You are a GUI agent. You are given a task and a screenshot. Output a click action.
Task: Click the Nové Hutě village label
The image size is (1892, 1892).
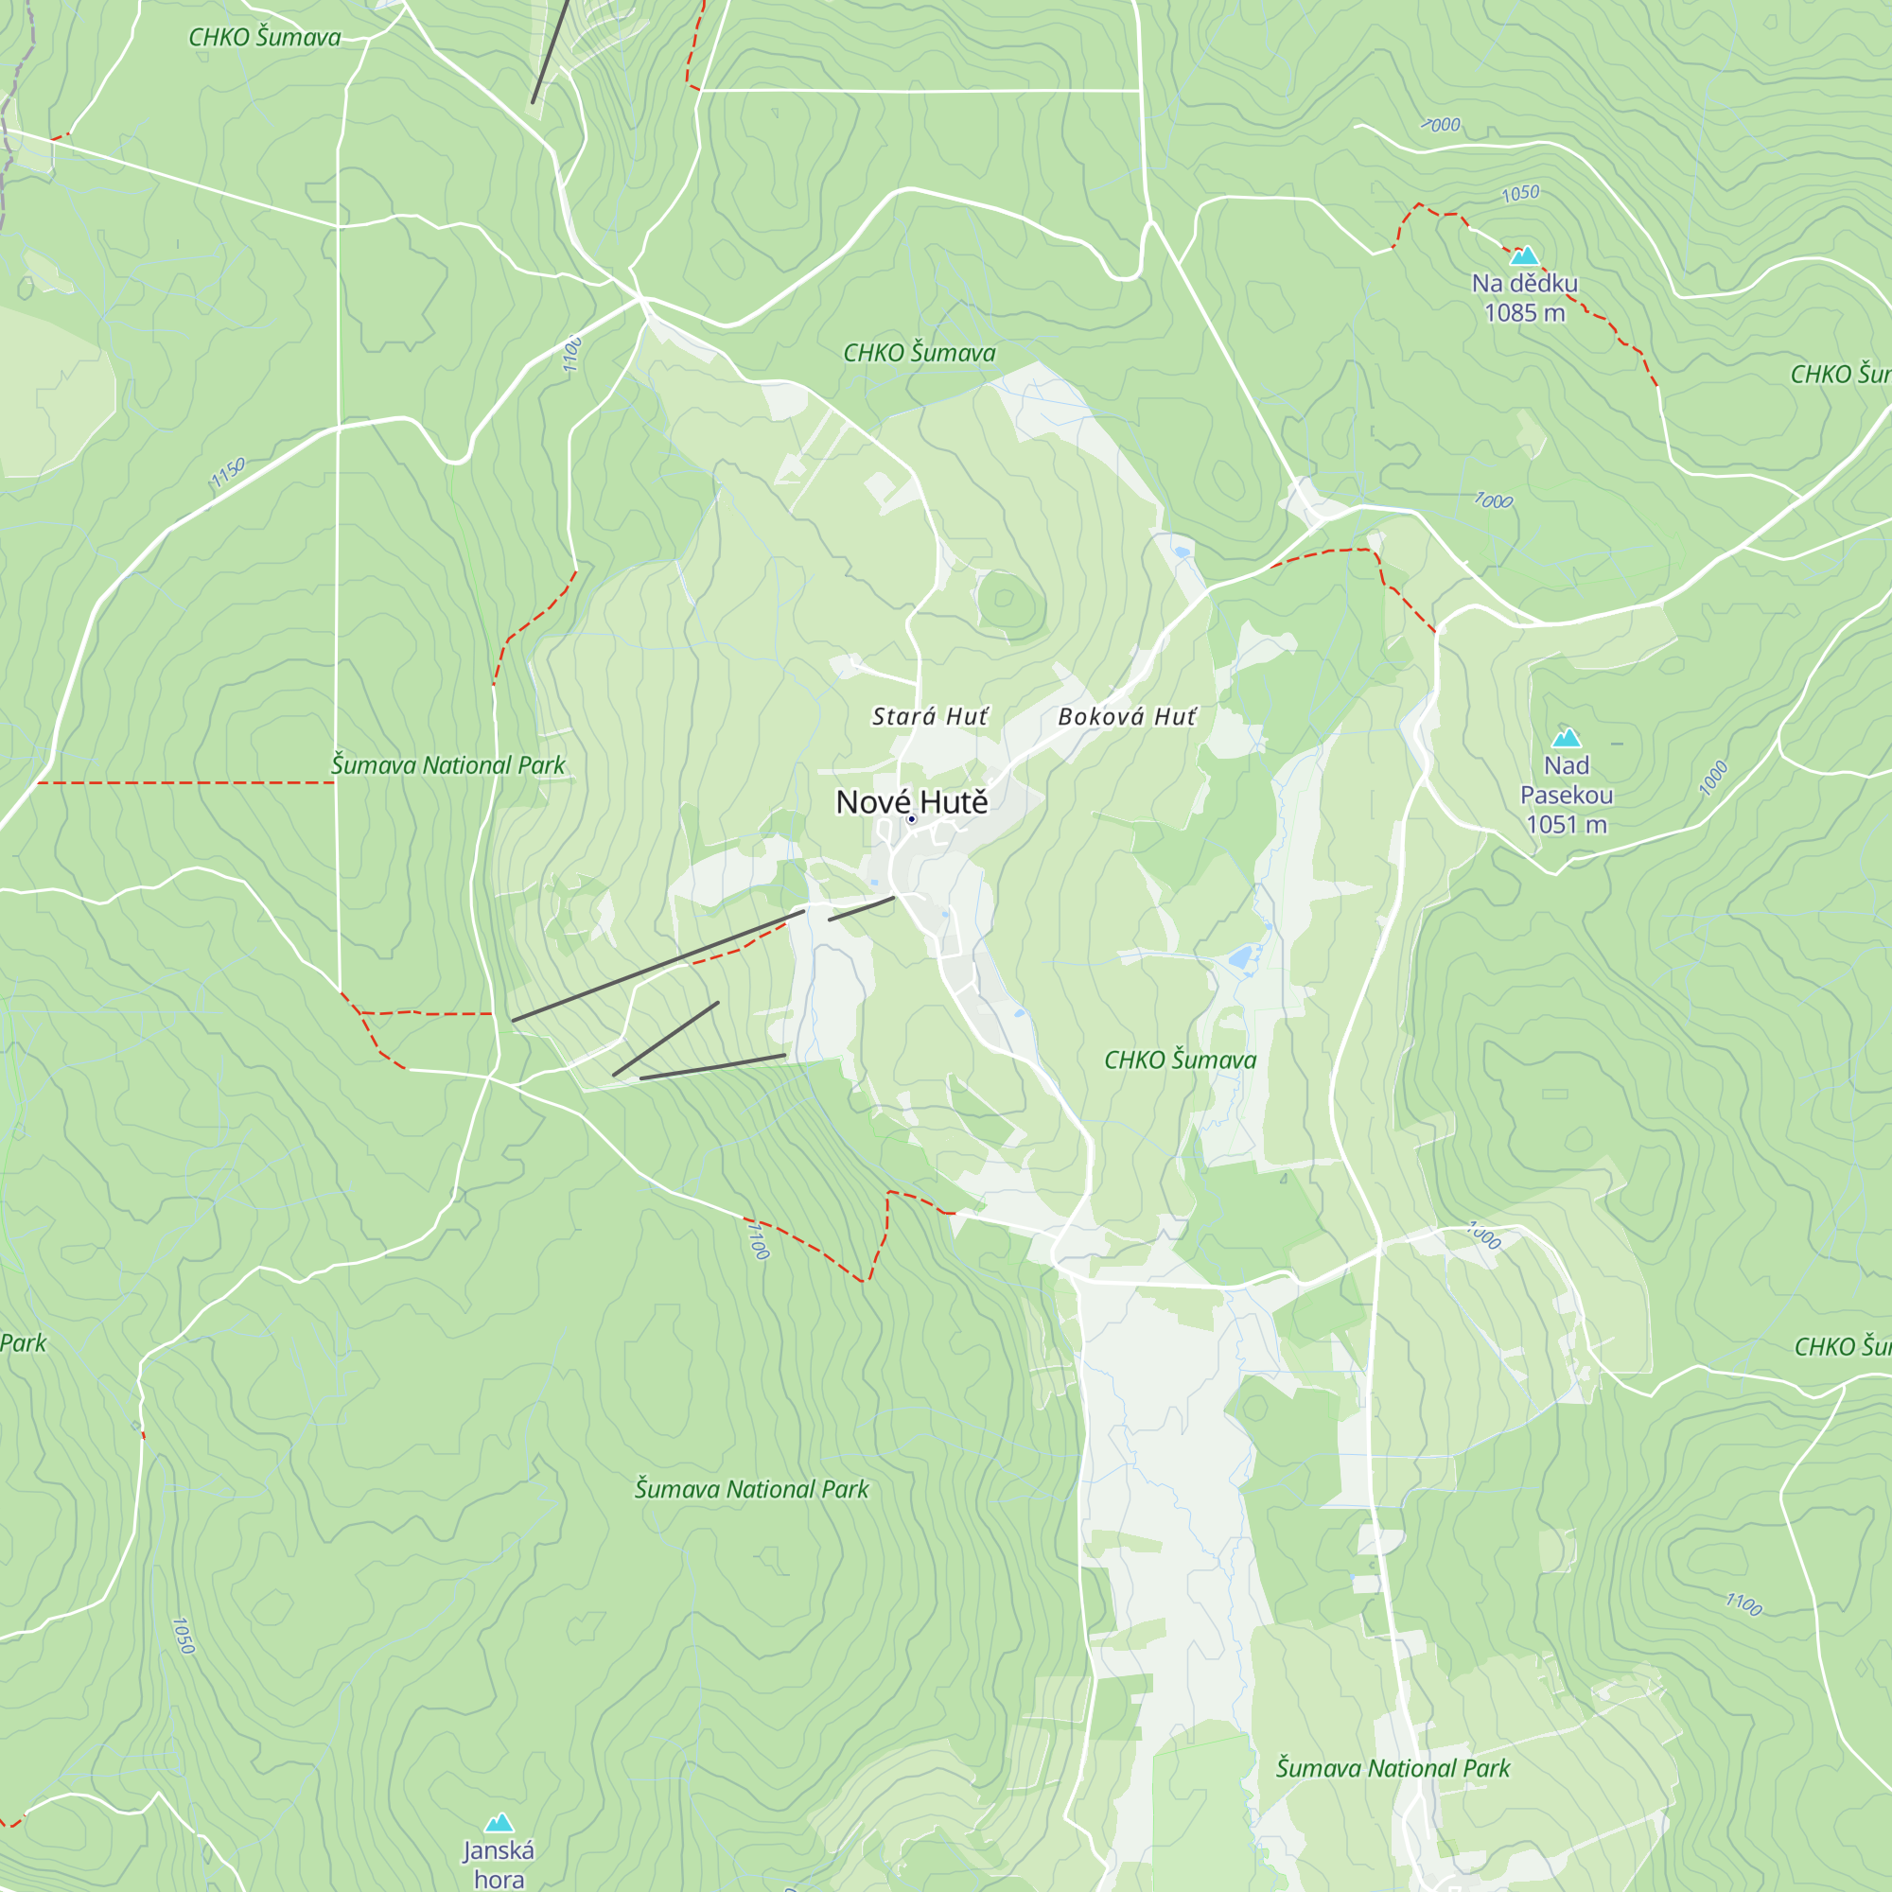pos(911,802)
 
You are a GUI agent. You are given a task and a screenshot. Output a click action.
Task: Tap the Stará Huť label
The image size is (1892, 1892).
pos(929,717)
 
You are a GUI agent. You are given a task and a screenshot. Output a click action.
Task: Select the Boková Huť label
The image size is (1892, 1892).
pos(1126,717)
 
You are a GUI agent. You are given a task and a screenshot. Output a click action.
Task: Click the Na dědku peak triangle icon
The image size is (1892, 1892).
pos(1524,256)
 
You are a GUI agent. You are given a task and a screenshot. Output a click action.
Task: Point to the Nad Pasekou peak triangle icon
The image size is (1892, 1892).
pos(1566,739)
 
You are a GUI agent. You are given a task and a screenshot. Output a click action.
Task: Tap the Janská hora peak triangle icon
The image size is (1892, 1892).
pos(499,1823)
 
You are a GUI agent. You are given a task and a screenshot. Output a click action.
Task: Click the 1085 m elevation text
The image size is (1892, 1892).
pos(1524,313)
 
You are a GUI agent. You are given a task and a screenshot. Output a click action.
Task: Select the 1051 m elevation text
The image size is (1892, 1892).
pos(1566,825)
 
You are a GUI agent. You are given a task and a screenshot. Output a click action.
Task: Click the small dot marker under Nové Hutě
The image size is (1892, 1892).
pos(911,819)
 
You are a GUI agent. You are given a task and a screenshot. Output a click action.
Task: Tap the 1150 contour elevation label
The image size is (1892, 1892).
pos(227,473)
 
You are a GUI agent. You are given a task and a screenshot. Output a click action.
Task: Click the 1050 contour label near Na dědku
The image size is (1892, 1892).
pos(1520,194)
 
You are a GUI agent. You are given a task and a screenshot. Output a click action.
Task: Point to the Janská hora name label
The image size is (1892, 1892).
pos(499,1864)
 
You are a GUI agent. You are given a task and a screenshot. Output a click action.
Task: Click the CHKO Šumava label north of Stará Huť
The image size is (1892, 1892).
pos(919,353)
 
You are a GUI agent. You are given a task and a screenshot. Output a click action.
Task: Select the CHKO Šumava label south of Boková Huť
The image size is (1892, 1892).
pos(1179,1060)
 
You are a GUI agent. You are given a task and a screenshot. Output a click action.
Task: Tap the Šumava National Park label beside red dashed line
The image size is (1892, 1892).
pos(447,764)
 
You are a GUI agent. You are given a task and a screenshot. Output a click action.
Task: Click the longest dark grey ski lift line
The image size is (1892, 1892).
pos(657,967)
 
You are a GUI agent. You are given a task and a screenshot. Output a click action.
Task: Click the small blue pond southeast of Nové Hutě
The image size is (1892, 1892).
pos(1241,956)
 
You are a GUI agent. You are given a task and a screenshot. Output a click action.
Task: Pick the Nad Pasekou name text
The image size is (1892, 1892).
pos(1566,780)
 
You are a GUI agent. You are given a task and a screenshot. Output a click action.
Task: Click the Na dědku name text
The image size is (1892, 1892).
pos(1524,284)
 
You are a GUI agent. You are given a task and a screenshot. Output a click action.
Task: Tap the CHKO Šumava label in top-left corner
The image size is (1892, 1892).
pos(265,37)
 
